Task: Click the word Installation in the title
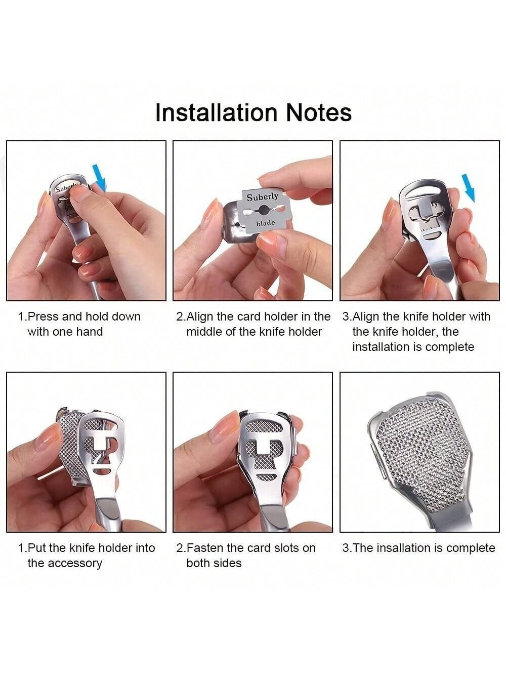click(x=216, y=112)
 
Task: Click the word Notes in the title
click(x=319, y=112)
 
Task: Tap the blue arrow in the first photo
click(x=99, y=177)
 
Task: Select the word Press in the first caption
click(x=44, y=316)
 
